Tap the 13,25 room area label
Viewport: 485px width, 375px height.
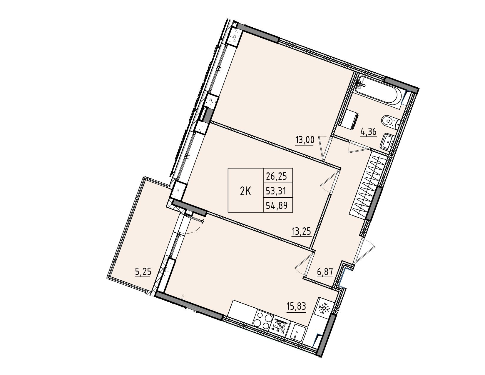coord(301,231)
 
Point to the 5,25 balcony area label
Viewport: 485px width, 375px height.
coord(143,272)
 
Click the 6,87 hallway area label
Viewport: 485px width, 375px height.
coord(325,272)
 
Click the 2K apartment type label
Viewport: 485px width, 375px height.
coord(245,192)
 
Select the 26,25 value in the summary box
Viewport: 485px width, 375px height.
coord(276,177)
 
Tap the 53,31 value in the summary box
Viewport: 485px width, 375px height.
coord(276,191)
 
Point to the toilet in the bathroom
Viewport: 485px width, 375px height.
coord(390,122)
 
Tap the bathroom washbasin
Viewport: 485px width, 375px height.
coord(387,142)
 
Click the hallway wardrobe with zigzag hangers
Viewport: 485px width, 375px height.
coord(369,185)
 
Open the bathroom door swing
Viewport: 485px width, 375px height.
coord(358,146)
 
